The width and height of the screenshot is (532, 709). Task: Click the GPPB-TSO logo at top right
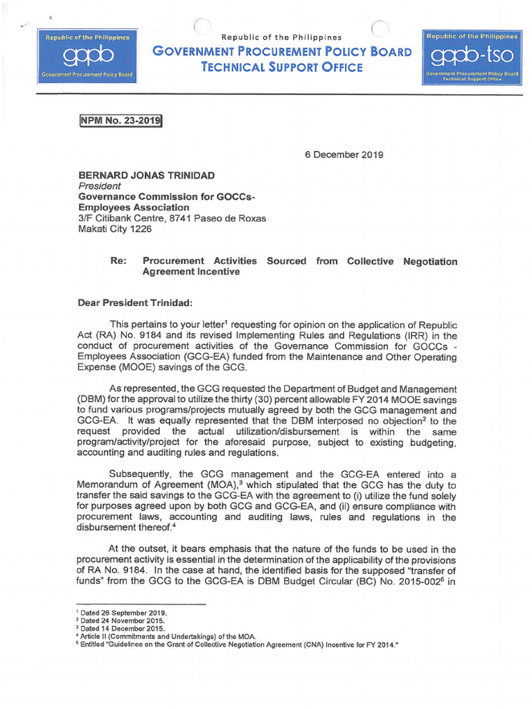(472, 57)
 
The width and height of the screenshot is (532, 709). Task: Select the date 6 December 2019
(344, 154)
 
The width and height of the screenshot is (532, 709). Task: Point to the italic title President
(99, 186)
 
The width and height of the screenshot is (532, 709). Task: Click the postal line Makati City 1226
(114, 228)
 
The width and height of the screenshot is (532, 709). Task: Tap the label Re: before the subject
(118, 261)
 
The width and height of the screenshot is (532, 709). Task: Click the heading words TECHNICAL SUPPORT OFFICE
(281, 67)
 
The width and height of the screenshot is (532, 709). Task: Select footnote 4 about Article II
(166, 637)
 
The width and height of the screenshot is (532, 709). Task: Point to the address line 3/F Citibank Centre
(172, 218)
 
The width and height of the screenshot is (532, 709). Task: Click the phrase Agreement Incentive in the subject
(190, 272)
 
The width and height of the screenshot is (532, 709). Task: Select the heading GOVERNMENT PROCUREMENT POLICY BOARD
(281, 51)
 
